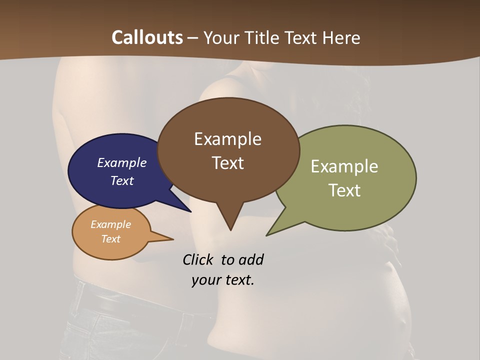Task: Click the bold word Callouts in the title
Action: pos(147,37)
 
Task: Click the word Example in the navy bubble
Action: pos(122,162)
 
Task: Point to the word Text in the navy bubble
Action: pos(122,180)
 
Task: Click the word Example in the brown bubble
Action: pos(227,138)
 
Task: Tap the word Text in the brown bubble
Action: pos(227,163)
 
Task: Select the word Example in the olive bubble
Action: pos(344,166)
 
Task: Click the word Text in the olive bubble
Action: pos(344,190)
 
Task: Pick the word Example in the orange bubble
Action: pos(110,224)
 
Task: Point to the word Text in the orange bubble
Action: pos(110,239)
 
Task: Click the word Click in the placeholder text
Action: pos(198,259)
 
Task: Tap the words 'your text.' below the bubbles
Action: pos(222,280)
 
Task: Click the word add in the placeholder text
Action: pos(250,259)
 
